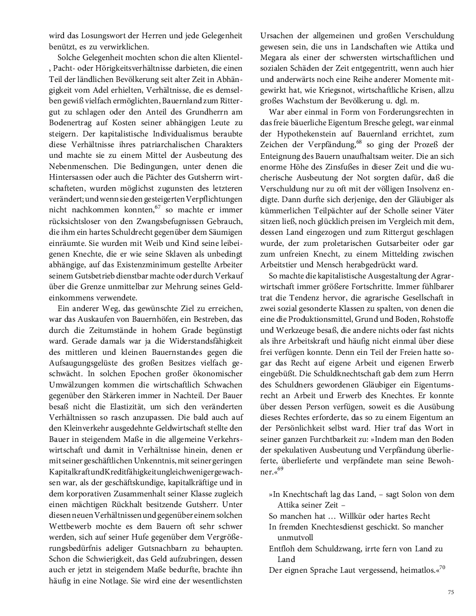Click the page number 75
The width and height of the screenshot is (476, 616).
[x=451, y=592]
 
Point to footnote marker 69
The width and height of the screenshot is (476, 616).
[x=281, y=469]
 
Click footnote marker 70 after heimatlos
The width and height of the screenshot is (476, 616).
[x=442, y=567]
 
